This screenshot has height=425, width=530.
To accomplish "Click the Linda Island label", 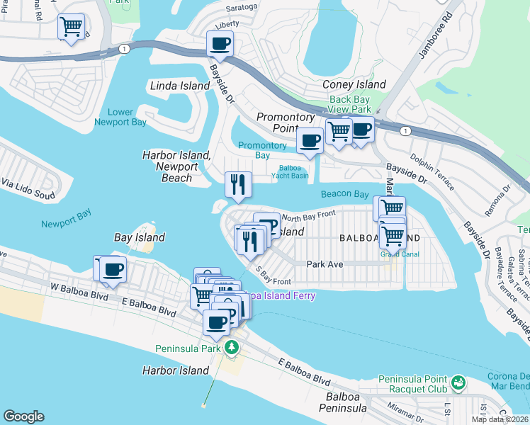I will (180, 86).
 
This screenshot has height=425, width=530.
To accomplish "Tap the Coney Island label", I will (354, 84).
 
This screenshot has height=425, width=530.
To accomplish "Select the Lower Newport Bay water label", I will (120, 117).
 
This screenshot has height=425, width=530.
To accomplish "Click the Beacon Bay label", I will (344, 194).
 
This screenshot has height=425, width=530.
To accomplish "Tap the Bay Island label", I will (140, 237).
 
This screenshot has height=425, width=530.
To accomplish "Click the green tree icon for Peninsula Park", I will (231, 348).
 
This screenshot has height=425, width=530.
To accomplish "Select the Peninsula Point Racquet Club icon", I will (458, 383).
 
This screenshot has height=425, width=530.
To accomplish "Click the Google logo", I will (23, 416).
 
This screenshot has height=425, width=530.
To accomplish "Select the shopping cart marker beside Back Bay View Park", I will (339, 131).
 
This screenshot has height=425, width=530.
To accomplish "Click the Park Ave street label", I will (325, 263).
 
